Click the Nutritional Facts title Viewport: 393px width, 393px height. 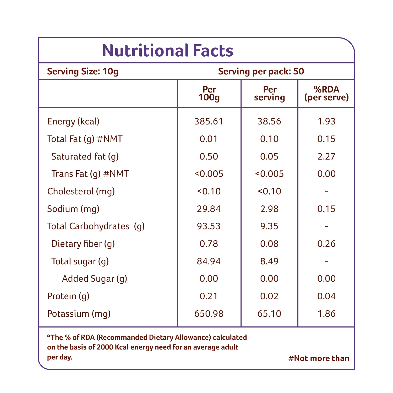pos(168,50)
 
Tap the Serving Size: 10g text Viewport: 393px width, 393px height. pos(83,72)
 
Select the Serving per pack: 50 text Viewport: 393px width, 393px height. pos(261,72)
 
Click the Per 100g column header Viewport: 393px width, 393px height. pos(209,94)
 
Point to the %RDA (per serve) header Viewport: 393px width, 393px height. pos(326,94)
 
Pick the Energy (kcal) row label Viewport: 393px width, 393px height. pos(73,122)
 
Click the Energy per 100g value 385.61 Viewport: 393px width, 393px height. pos(209,121)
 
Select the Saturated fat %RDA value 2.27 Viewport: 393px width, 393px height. pos(326,156)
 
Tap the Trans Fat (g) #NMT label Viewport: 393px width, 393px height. pos(90,174)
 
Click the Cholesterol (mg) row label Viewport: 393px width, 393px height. pos(81,192)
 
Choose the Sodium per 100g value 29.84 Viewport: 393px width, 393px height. pos(209,209)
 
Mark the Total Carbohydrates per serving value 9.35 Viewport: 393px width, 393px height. pos(269,226)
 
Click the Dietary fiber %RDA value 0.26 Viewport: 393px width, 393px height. pos(326,244)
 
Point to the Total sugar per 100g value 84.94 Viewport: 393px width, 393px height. pos(209,261)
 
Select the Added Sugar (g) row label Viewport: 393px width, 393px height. pos(95,279)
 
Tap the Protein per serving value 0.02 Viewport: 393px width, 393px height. pos(269,296)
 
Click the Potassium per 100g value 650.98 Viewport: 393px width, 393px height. pos(209,314)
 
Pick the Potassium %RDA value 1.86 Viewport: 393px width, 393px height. pos(326,314)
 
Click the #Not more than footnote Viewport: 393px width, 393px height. pos(319,358)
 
